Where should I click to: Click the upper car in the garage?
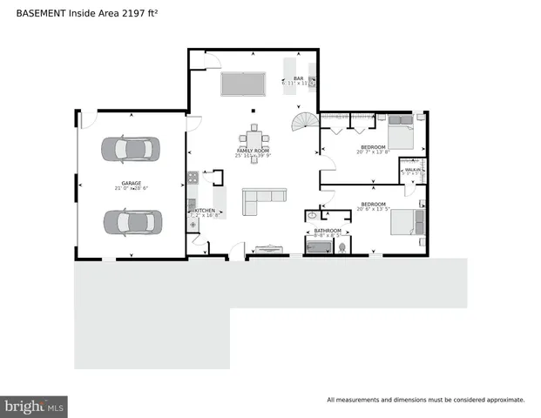(132, 149)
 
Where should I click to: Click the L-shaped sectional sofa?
(262, 201)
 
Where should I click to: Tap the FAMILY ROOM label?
(253, 151)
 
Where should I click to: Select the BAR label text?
(297, 78)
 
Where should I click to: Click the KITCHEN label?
(205, 211)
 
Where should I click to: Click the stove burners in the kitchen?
(193, 179)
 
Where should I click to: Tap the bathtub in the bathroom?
(320, 246)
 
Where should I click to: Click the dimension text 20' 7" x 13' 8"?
(373, 153)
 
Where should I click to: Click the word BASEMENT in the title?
(40, 12)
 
